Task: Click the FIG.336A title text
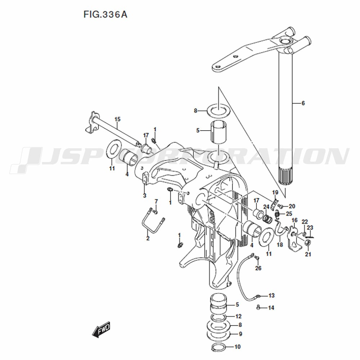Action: (x=105, y=14)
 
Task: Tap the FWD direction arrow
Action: (x=101, y=329)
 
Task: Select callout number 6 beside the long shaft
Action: (x=303, y=103)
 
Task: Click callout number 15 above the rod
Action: (x=117, y=119)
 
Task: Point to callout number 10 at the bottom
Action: (x=237, y=346)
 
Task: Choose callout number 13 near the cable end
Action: (x=271, y=295)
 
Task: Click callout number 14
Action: (x=271, y=308)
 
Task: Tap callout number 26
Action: (x=258, y=268)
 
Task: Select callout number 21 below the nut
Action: (x=308, y=254)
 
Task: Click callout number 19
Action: (x=275, y=192)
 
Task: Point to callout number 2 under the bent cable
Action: (x=148, y=238)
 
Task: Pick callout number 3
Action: (x=145, y=195)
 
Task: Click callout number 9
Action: (x=240, y=334)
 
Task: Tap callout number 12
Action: (x=238, y=316)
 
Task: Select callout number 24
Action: (x=266, y=207)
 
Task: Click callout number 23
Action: (x=310, y=228)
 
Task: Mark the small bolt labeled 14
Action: (x=258, y=307)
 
